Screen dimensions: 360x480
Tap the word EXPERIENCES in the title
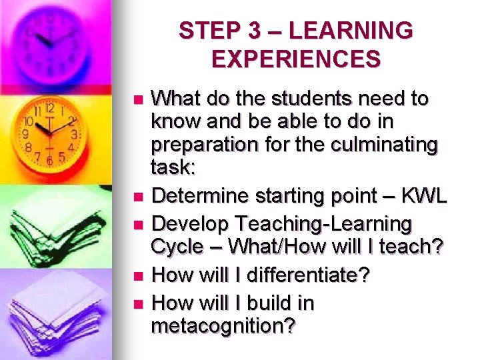[x=296, y=59]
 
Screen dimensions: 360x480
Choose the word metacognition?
[x=223, y=327]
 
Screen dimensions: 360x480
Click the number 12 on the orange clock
[x=49, y=107]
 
